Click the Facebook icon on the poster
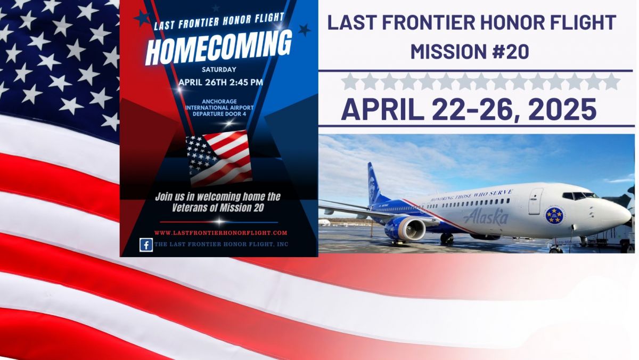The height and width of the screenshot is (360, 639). coord(146,245)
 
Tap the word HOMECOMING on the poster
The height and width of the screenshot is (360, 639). coord(219,47)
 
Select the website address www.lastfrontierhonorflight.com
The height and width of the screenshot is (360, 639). coord(221,233)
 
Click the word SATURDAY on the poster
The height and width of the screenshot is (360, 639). coord(219,70)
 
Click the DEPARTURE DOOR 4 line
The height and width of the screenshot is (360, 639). coord(219,114)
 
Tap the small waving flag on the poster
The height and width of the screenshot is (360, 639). coord(219,158)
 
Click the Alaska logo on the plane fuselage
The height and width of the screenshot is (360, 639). coord(486,217)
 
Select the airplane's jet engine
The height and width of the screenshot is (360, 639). coord(406,228)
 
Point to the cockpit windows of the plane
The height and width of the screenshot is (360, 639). coord(580,196)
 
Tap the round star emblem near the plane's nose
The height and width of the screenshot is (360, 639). coord(554,215)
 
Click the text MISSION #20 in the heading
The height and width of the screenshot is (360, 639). coord(470,52)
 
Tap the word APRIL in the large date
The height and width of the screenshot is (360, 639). coord(382,110)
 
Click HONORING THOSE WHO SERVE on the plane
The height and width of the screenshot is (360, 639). coord(472,195)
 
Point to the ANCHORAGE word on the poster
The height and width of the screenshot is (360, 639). coord(219,102)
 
